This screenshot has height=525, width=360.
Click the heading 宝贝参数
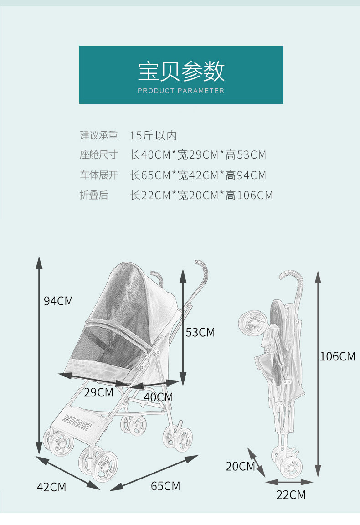click(x=181, y=71)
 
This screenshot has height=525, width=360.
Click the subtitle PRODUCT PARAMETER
click(x=181, y=91)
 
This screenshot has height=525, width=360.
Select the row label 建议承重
click(x=99, y=135)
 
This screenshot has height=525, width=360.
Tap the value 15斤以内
click(x=153, y=135)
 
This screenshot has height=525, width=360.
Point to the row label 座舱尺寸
click(x=99, y=155)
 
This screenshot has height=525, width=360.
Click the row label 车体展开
click(x=99, y=175)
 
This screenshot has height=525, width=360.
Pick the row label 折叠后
click(x=94, y=196)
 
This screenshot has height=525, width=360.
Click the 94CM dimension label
click(x=58, y=301)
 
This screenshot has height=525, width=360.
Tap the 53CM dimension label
click(x=200, y=333)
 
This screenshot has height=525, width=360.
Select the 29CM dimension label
click(x=98, y=392)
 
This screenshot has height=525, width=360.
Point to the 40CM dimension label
click(x=159, y=397)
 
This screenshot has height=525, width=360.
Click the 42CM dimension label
click(x=51, y=487)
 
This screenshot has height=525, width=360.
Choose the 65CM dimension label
click(x=165, y=486)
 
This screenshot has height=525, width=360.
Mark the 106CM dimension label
click(x=337, y=356)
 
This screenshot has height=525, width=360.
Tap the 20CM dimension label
click(x=240, y=466)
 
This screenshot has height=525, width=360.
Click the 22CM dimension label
click(x=291, y=494)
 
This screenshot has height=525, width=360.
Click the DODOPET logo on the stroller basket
click(x=77, y=422)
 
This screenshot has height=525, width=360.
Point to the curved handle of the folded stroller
click(x=293, y=276)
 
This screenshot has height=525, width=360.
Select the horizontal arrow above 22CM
click(x=290, y=482)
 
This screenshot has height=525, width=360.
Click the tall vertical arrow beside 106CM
click(x=318, y=374)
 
